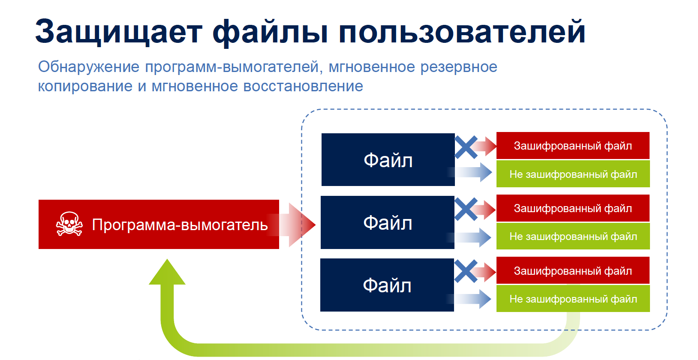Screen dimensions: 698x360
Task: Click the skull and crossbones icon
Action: coord(69,224)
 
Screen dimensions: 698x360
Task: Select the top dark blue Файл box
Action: coord(388,160)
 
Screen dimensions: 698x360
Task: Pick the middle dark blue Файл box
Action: coord(387,222)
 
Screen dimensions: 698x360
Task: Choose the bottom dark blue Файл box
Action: coord(387,285)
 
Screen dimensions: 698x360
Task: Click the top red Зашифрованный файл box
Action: coord(573,145)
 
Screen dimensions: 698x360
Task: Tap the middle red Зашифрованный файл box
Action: coord(573,208)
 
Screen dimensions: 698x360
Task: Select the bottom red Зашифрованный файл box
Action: coord(573,270)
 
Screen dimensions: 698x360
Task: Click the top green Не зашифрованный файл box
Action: coord(573,174)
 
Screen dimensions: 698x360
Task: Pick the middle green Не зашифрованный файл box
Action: coord(573,236)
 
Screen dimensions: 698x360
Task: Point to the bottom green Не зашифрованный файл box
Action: coord(573,299)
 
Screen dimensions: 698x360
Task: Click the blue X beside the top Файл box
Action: coord(466,147)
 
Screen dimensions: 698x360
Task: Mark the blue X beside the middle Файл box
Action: coord(466,209)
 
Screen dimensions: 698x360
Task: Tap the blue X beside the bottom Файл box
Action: coord(466,271)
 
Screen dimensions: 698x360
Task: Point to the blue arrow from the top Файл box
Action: coord(470,172)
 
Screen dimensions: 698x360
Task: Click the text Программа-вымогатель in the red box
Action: coord(180,225)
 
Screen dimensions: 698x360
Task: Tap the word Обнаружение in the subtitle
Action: coord(88,67)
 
